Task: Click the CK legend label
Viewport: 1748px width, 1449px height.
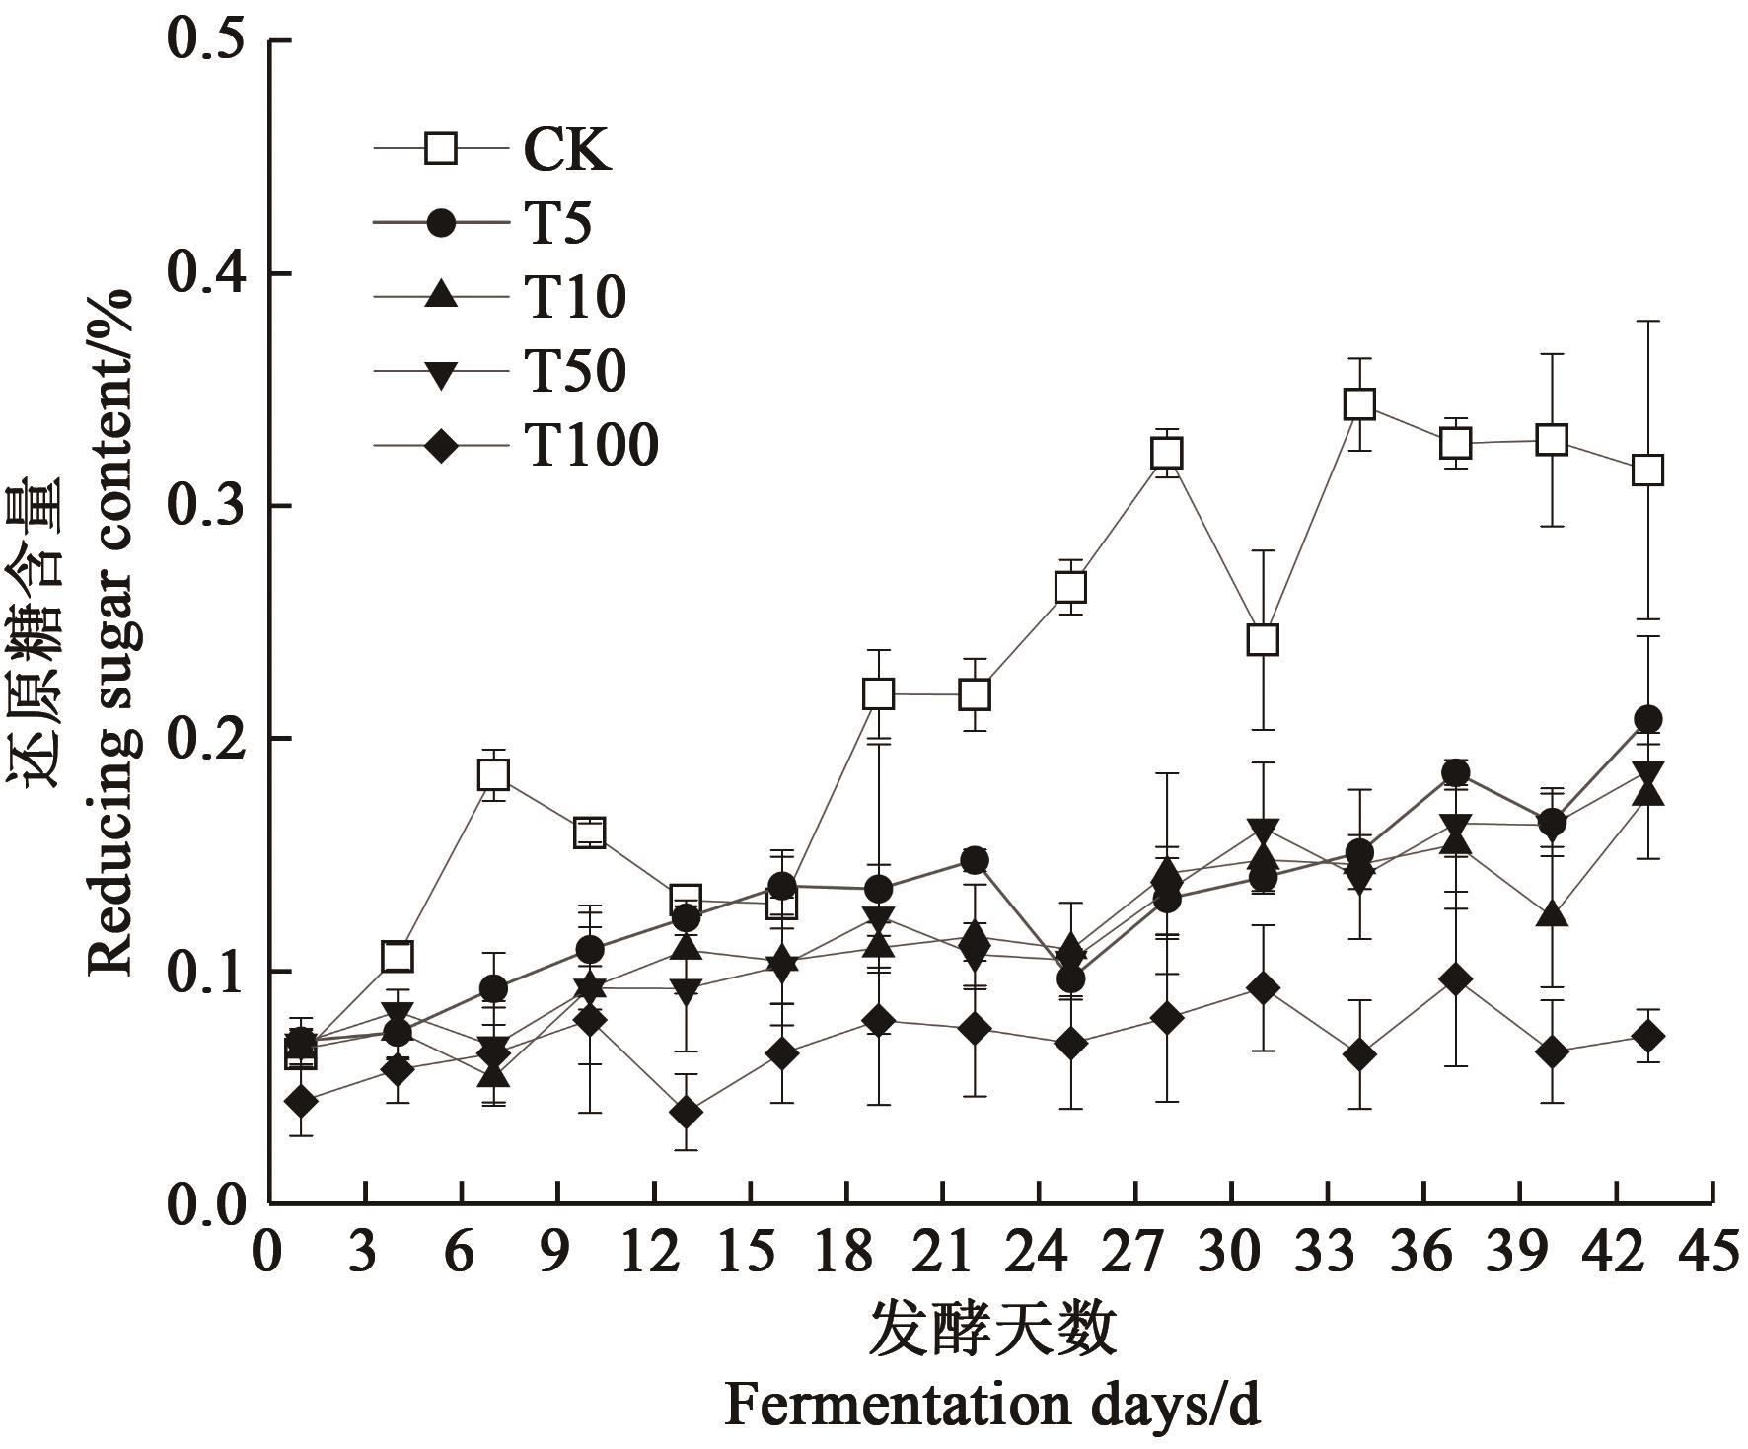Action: tap(565, 150)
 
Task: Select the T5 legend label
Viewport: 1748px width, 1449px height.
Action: tap(557, 224)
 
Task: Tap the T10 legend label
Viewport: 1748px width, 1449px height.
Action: tap(575, 297)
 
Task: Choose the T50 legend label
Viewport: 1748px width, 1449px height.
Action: tap(575, 372)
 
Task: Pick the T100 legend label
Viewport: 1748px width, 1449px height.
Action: tap(591, 446)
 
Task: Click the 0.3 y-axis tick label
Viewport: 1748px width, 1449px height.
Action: tap(206, 506)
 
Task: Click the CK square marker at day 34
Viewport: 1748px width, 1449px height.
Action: tap(1359, 404)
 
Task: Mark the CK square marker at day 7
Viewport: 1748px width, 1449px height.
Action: tap(493, 775)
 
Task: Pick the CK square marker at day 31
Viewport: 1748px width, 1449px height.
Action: tap(1263, 640)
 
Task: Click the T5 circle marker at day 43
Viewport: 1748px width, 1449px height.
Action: tap(1647, 719)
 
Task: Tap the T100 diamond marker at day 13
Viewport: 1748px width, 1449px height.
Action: tap(686, 1113)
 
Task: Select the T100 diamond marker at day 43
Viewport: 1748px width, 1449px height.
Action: tap(1647, 1037)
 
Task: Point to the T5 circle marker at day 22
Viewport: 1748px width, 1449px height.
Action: tap(975, 860)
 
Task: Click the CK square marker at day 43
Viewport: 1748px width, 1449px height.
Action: tap(1647, 470)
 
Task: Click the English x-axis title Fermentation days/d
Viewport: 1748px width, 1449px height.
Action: tap(992, 1405)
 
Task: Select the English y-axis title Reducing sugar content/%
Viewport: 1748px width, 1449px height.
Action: tap(111, 631)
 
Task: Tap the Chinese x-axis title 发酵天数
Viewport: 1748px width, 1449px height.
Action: tap(992, 1329)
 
